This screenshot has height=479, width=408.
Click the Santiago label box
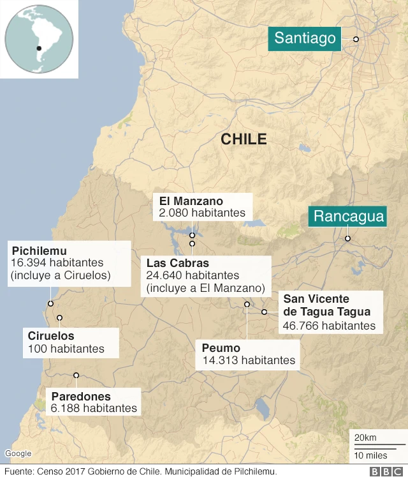tap(305, 38)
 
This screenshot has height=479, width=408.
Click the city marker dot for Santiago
tap(356, 40)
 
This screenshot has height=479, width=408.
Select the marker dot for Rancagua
tap(347, 239)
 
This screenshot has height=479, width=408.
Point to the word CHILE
tap(244, 139)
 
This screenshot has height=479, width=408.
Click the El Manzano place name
tap(191, 201)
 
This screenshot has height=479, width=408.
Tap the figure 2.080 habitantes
tap(202, 213)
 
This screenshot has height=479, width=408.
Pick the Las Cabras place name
tap(177, 263)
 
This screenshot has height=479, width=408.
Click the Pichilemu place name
tap(39, 250)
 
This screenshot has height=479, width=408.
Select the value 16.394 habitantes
tap(57, 262)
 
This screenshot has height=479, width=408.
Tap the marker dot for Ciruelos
tap(59, 317)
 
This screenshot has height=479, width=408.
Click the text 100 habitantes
tap(66, 349)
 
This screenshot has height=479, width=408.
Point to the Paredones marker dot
tap(76, 376)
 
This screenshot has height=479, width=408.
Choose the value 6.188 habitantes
tap(94, 407)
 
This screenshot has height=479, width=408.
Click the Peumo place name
tap(221, 348)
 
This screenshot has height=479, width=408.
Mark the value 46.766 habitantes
tap(329, 325)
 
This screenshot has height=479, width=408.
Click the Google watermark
tap(18, 453)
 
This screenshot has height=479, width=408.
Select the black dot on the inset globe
tap(39, 48)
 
